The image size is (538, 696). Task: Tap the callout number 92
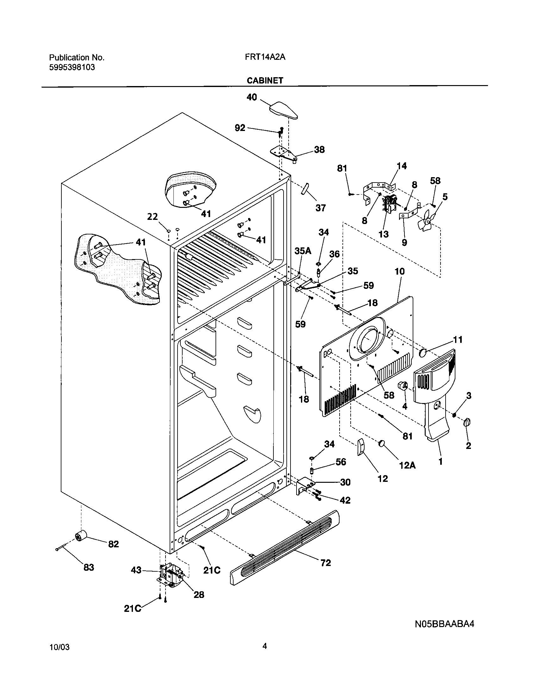[x=240, y=128]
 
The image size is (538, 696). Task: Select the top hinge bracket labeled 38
[x=285, y=154]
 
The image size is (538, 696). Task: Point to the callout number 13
[x=384, y=234]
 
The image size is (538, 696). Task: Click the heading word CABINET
[x=265, y=81]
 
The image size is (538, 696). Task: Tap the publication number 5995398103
[x=72, y=68]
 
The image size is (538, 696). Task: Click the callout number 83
[x=89, y=568]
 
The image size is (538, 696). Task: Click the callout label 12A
[x=407, y=466]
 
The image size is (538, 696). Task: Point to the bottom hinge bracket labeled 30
[x=304, y=486]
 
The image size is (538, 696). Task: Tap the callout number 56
[x=341, y=462]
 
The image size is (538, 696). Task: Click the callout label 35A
[x=303, y=251]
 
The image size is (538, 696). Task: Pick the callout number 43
[x=136, y=570]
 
